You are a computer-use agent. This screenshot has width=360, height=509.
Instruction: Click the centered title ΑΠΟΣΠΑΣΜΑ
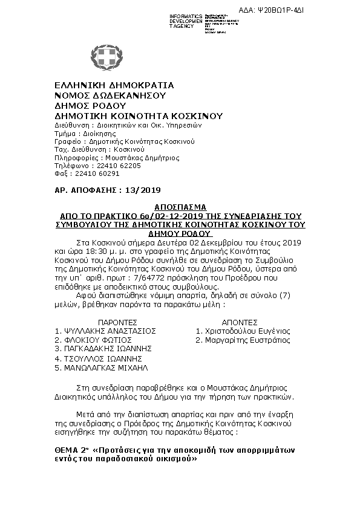tap(181, 206)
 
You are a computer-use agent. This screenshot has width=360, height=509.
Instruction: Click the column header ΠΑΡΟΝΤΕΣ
tap(106, 322)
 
